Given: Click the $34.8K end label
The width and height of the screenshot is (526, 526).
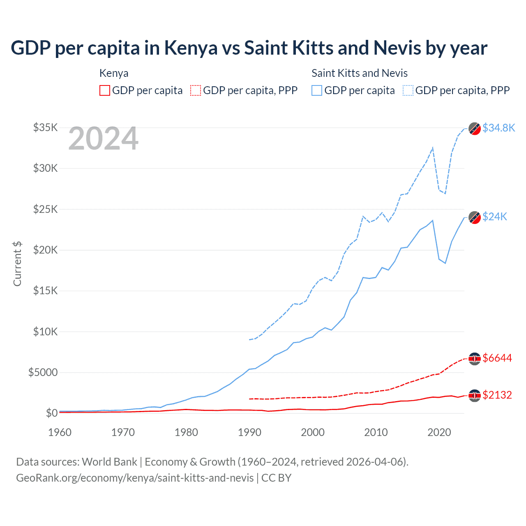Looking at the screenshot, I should click(498, 128).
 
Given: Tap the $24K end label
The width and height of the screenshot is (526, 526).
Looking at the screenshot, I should click(495, 217).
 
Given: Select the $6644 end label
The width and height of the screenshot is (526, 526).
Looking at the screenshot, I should click(497, 358).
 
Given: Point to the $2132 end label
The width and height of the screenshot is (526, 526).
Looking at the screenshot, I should click(497, 395).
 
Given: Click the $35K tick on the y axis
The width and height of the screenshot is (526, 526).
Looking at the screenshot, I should click(45, 127).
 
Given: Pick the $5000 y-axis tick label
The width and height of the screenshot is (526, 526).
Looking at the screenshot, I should click(43, 372).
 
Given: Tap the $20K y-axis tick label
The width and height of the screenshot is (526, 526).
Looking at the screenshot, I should click(45, 250).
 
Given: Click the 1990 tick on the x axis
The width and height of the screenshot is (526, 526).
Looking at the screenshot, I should click(249, 432).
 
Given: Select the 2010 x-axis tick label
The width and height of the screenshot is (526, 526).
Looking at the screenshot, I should click(376, 432).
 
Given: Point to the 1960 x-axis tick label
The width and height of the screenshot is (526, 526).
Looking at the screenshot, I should click(60, 432).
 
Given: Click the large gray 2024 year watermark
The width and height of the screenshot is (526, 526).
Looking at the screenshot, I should click(103, 139).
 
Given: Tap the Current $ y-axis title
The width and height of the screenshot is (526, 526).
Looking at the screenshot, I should click(17, 264).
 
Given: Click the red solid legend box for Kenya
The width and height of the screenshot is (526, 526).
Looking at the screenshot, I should click(105, 90).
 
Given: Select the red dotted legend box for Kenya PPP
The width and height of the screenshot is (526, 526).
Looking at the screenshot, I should click(196, 90).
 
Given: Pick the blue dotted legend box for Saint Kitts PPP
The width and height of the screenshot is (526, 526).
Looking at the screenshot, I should click(408, 90).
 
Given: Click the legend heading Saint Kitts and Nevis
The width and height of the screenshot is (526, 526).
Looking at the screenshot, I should click(360, 73).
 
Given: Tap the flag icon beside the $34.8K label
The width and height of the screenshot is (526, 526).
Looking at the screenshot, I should click(475, 129).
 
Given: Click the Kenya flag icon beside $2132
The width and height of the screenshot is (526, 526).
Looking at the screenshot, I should click(475, 395).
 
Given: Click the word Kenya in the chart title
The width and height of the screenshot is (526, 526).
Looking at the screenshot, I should click(191, 48).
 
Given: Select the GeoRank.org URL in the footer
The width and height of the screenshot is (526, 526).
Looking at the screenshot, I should click(135, 478).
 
